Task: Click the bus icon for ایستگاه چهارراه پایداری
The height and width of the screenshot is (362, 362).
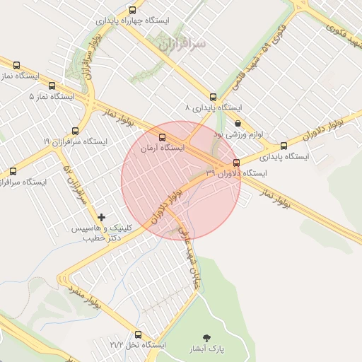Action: [133, 10]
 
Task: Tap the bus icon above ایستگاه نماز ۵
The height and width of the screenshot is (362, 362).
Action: [16, 65]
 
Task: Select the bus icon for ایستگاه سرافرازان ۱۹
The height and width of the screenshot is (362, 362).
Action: [76, 131]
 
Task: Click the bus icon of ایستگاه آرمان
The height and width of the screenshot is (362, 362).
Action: [163, 138]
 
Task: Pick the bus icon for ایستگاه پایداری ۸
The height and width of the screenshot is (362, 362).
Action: [213, 97]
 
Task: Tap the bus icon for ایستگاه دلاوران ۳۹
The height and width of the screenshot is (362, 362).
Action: [236, 162]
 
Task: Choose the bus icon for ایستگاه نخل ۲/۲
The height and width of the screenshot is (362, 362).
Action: [137, 334]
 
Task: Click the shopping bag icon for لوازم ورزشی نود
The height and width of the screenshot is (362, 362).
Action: [238, 123]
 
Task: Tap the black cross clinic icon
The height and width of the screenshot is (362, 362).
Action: [102, 216]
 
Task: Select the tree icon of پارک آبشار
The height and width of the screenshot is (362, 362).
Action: [206, 338]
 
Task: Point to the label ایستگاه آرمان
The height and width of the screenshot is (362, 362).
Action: [163, 149]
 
